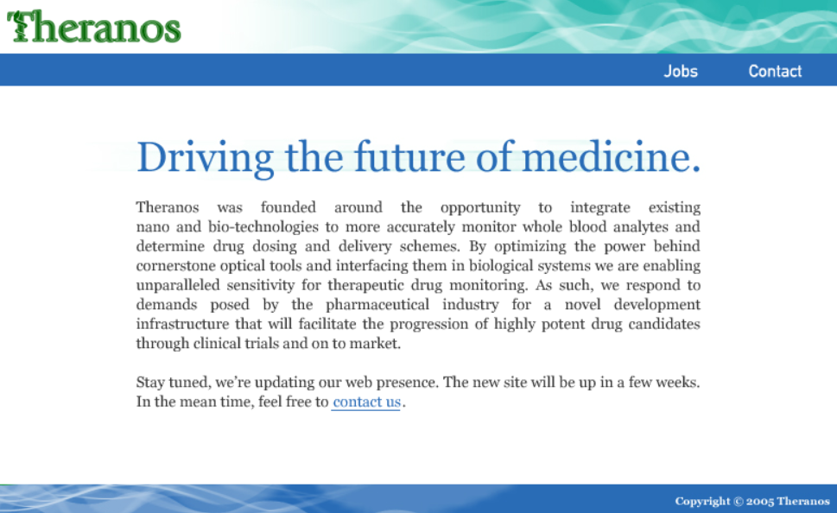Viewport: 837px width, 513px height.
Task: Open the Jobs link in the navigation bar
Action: pos(681,72)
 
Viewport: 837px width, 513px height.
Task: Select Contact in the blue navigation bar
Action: pos(775,72)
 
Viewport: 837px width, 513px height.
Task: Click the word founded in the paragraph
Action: pos(289,207)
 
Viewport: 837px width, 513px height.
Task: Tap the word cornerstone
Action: pos(179,266)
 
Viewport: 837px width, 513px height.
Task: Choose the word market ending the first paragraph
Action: pos(377,344)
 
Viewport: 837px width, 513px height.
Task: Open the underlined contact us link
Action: pos(366,402)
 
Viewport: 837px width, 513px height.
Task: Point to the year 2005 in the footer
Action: pos(760,502)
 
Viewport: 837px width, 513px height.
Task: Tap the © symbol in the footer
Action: pos(739,502)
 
